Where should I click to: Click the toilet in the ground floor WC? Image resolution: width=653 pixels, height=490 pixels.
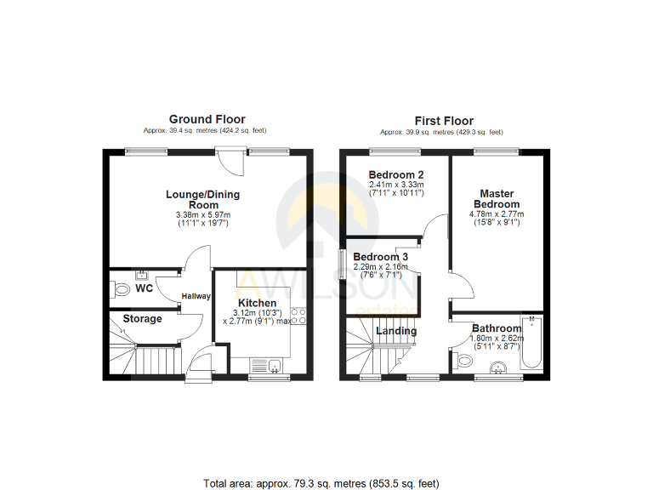[121, 290]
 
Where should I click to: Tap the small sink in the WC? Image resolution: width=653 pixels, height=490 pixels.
[142, 275]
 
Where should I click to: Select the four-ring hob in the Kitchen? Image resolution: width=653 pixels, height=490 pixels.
[298, 316]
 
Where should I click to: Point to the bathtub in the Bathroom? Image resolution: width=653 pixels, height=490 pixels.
[531, 343]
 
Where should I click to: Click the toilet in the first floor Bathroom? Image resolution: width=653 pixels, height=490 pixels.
[463, 362]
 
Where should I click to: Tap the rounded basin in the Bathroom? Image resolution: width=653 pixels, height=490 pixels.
[500, 367]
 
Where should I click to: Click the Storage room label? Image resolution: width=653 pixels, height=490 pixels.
[142, 319]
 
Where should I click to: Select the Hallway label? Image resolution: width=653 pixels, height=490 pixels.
[196, 296]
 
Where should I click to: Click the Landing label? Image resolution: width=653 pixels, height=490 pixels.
[397, 331]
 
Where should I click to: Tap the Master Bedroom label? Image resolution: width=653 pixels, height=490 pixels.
[498, 199]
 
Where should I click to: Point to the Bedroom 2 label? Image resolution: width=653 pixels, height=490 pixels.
[396, 174]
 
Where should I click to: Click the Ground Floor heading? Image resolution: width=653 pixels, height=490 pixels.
[207, 120]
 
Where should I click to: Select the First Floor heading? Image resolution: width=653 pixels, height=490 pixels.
[444, 121]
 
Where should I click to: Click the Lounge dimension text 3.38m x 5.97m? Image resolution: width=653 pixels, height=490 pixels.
[202, 215]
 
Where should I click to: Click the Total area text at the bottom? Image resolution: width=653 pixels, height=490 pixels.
[321, 483]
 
